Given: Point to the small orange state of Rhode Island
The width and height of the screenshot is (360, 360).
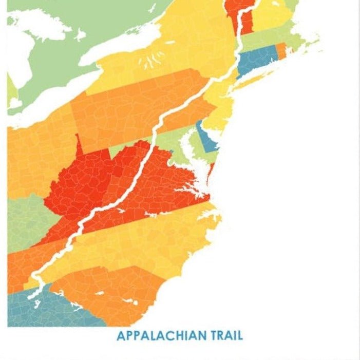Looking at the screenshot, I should [x=280, y=50].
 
